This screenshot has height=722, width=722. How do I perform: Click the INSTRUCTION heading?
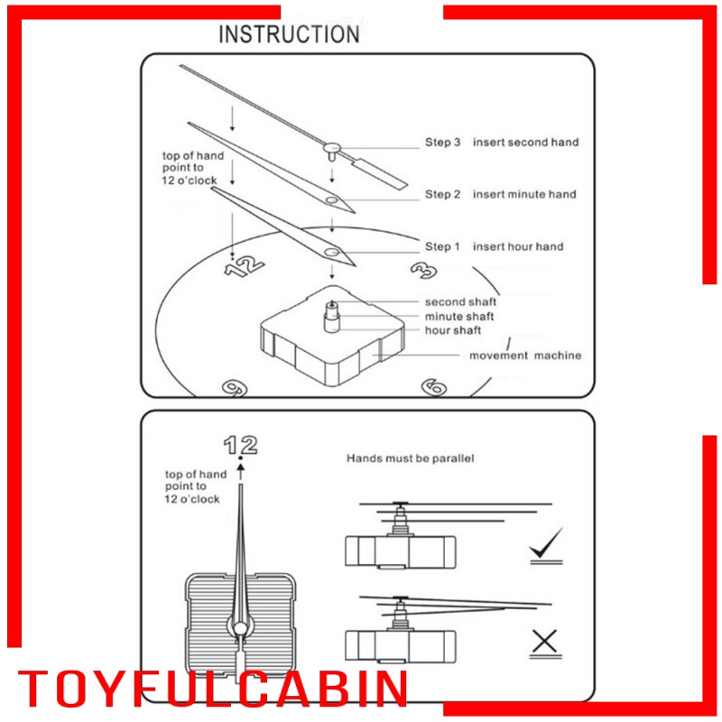(289, 34)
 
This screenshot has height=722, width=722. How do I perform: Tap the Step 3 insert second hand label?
(502, 143)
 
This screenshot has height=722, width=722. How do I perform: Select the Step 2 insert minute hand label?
(500, 195)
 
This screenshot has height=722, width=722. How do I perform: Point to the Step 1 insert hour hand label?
(494, 247)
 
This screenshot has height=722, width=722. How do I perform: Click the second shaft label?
(460, 302)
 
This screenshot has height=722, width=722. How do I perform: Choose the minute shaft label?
(460, 317)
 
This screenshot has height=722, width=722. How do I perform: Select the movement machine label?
(525, 356)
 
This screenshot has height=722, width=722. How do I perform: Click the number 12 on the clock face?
(245, 265)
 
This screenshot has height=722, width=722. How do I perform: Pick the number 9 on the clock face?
(235, 388)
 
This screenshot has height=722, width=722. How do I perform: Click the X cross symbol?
(543, 643)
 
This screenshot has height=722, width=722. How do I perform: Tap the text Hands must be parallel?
(411, 458)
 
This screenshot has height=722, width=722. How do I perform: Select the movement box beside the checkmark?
(400, 548)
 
